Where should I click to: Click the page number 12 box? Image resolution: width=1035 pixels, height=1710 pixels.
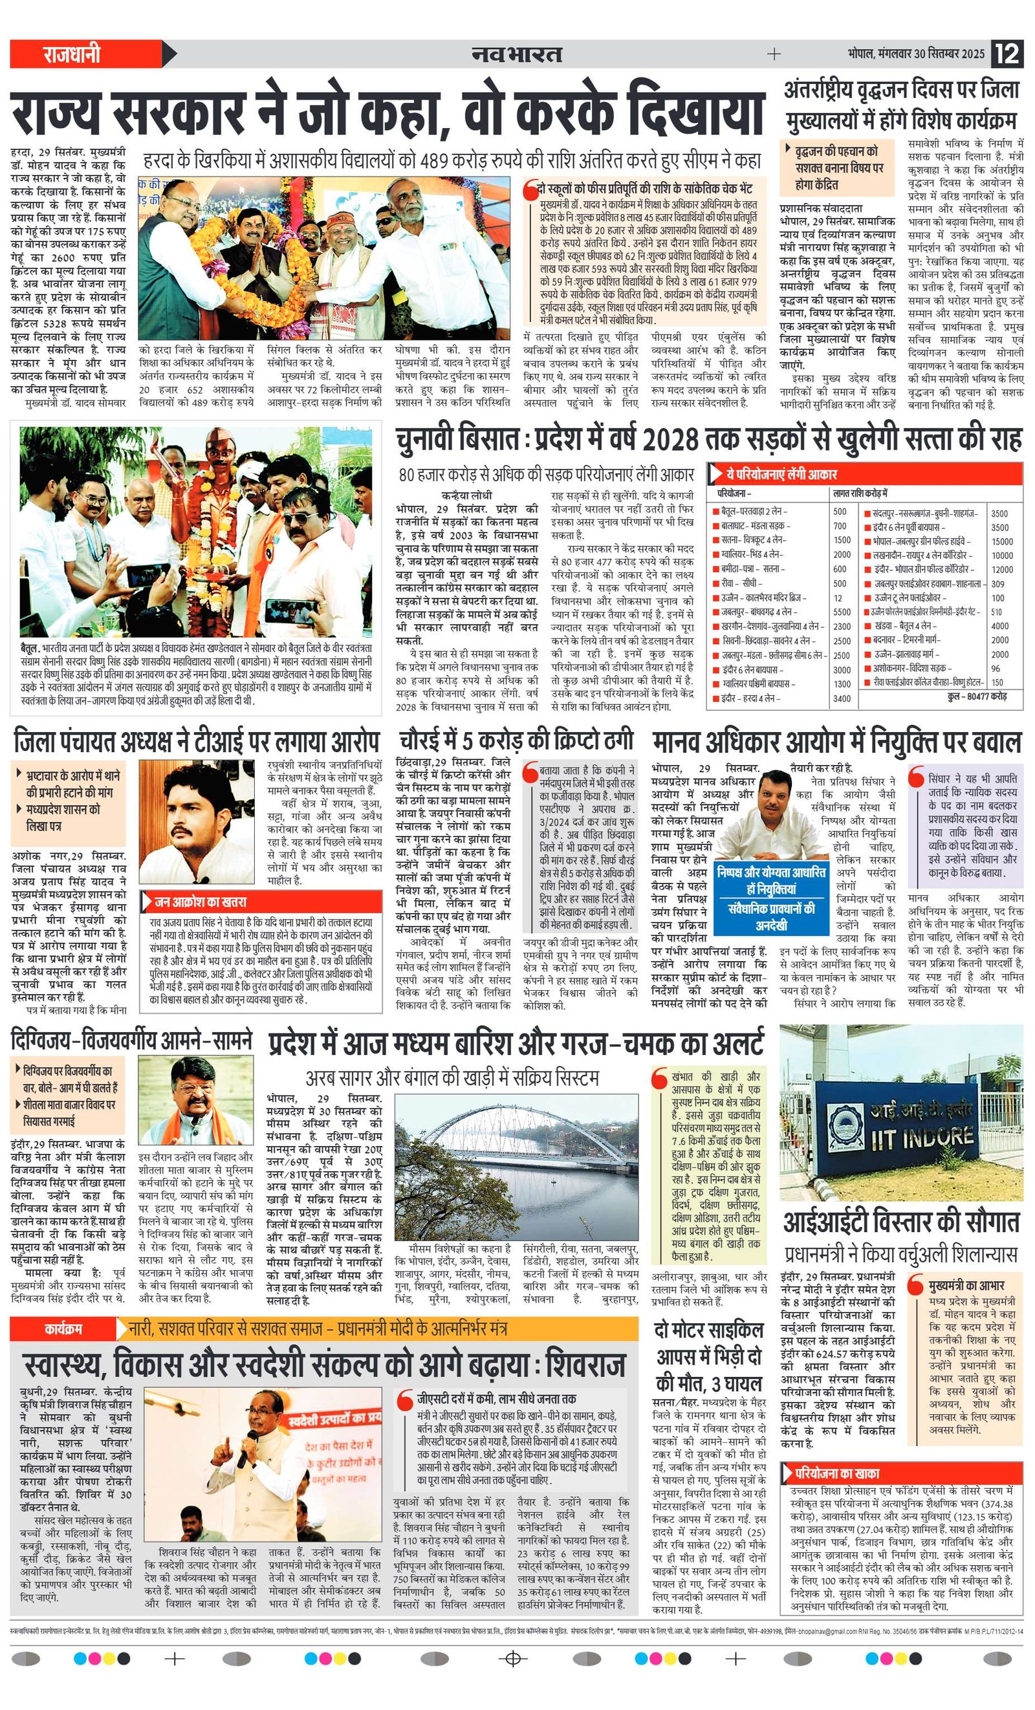[x=1007, y=54]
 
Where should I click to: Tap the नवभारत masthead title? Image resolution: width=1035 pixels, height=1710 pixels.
[x=516, y=54]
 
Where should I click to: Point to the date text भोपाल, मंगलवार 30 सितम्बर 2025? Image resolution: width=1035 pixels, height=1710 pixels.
[x=915, y=54]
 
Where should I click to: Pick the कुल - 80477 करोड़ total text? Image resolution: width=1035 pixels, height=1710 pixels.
[x=976, y=696]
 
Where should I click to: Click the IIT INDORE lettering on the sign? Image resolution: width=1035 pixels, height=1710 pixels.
[x=922, y=1138]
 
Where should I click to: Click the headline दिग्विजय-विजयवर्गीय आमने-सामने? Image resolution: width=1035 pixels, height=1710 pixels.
[x=132, y=1041]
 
